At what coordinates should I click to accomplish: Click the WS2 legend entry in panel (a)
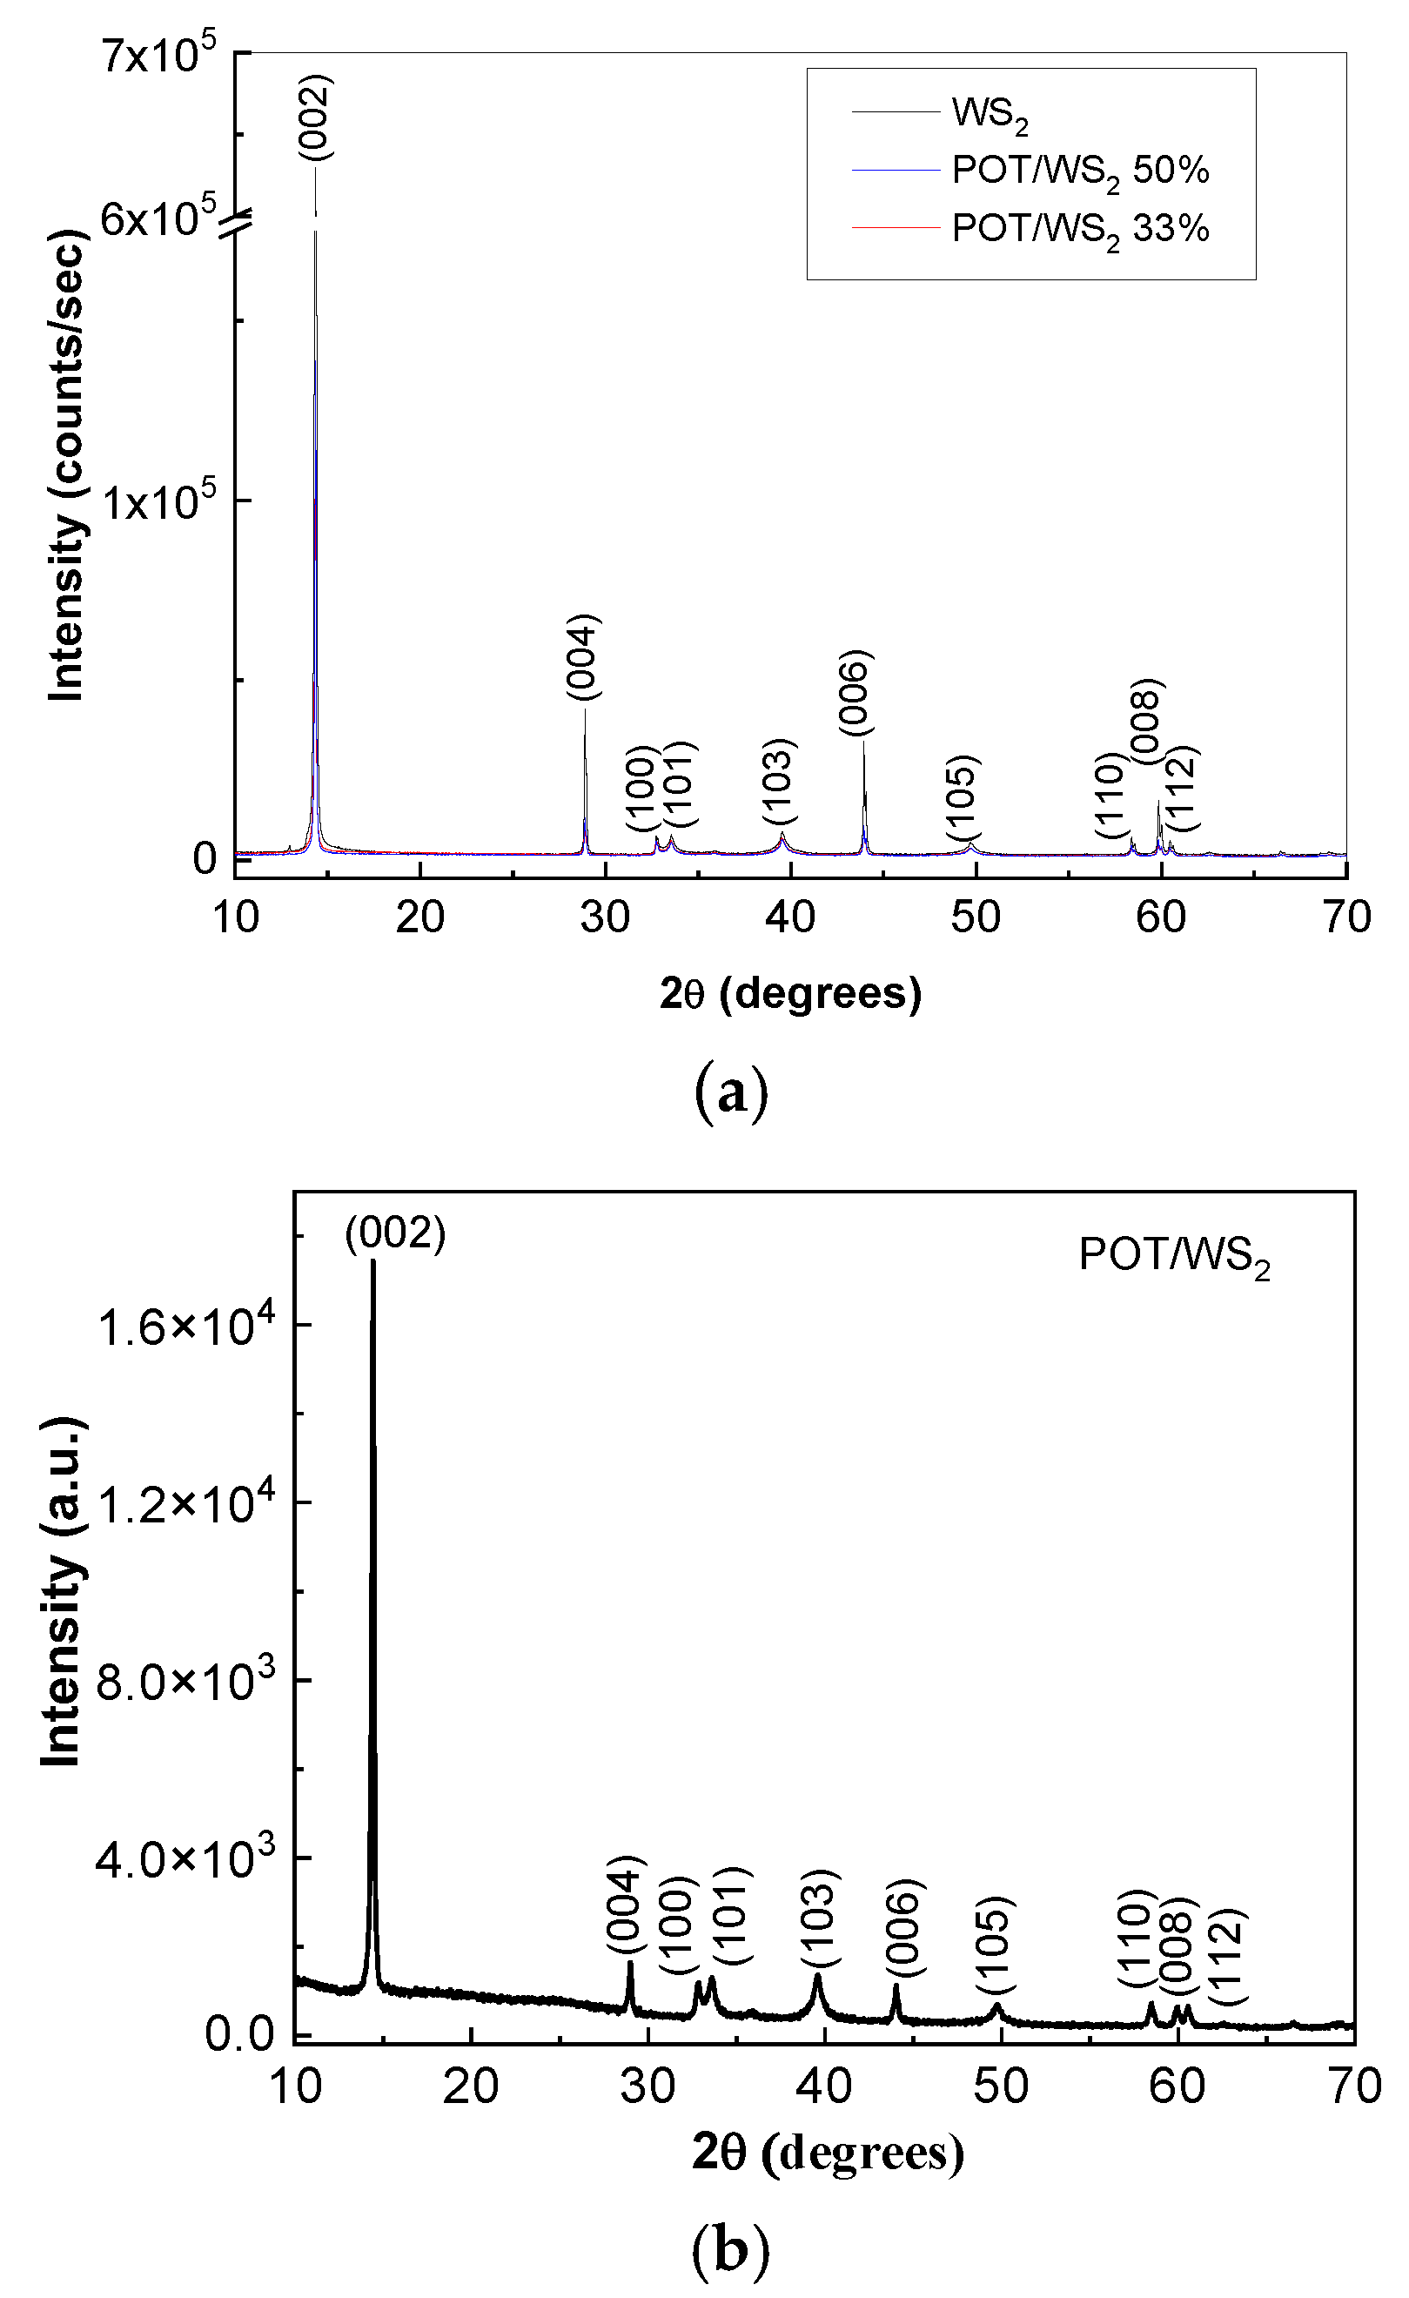click(989, 114)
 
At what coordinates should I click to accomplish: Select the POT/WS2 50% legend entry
click(1079, 171)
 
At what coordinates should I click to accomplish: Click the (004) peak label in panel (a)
click(583, 656)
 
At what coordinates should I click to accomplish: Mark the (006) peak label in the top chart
click(853, 692)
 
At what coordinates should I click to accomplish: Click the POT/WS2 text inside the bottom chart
click(1173, 1255)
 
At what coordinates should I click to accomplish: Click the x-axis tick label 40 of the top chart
click(790, 917)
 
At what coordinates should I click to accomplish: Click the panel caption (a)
click(731, 1093)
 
